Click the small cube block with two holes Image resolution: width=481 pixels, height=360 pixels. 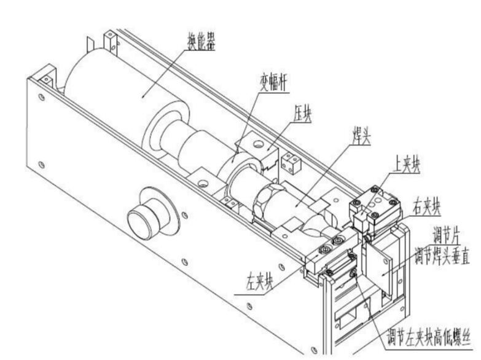(290, 163)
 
